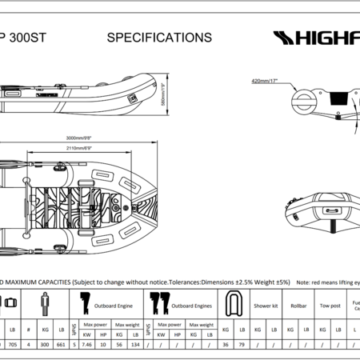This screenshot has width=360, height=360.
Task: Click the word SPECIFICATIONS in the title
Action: coord(159,38)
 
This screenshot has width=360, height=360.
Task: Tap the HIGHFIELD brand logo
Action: coord(316,38)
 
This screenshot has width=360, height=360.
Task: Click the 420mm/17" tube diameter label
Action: coord(267,81)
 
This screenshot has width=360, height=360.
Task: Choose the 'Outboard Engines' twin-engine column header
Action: coord(189,305)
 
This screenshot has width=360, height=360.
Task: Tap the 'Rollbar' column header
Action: coord(298,305)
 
